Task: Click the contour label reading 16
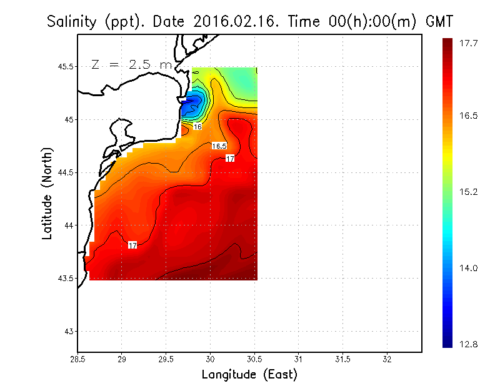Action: pos(197,127)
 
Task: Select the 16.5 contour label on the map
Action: pos(219,146)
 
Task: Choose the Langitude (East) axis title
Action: pos(249,375)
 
